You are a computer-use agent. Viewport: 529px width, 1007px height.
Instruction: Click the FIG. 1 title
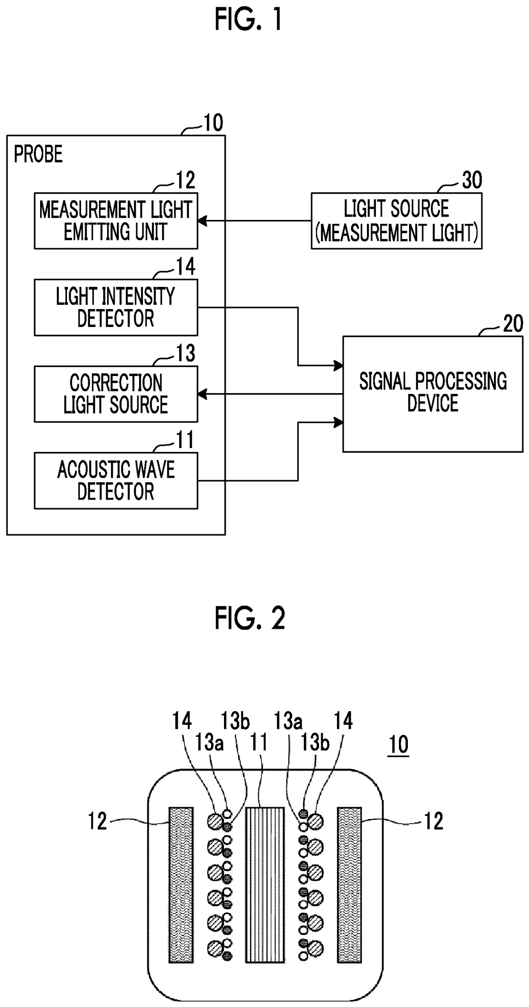pyautogui.click(x=248, y=20)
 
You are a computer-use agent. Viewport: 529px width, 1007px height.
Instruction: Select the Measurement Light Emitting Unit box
pyautogui.click(x=116, y=221)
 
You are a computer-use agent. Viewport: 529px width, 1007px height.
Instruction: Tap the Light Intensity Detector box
pyautogui.click(x=116, y=307)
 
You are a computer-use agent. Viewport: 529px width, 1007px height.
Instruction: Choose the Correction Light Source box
pyautogui.click(x=116, y=394)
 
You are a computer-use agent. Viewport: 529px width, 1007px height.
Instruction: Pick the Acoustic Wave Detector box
pyautogui.click(x=116, y=480)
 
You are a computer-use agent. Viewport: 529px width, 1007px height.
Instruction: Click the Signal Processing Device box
pyautogui.click(x=433, y=394)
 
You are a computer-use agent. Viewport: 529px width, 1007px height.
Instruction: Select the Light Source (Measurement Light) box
pyautogui.click(x=397, y=221)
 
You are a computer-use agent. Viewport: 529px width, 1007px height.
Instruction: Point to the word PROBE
pyautogui.click(x=38, y=154)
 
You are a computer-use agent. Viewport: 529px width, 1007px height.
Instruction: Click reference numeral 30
pyautogui.click(x=472, y=180)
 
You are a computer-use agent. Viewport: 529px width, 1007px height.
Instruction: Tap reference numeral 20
pyautogui.click(x=513, y=324)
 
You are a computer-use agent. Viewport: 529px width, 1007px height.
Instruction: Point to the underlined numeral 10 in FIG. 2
pyautogui.click(x=399, y=744)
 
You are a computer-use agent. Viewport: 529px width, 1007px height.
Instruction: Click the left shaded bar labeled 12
pyautogui.click(x=181, y=885)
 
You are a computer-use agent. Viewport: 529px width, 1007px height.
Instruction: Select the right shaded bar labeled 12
pyautogui.click(x=349, y=885)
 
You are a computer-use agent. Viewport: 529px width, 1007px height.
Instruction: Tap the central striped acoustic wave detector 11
pyautogui.click(x=265, y=885)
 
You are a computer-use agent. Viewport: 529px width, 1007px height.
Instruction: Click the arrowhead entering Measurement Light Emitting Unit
pyautogui.click(x=202, y=221)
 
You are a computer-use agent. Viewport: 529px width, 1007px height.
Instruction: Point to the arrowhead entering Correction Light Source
pyautogui.click(x=202, y=394)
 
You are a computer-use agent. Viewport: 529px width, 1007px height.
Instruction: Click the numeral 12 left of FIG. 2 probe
pyautogui.click(x=97, y=821)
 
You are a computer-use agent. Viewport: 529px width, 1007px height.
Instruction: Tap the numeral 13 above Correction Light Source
pyautogui.click(x=186, y=353)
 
